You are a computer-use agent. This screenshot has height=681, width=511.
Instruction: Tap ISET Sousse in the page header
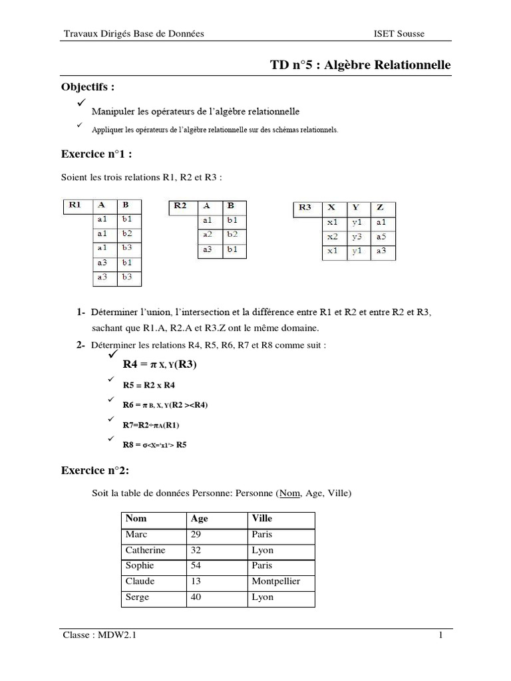point(399,33)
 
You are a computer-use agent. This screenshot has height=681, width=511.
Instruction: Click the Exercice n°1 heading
point(96,154)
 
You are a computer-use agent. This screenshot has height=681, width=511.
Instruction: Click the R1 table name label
point(75,205)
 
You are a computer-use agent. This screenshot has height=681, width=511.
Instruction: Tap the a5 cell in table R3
point(381,237)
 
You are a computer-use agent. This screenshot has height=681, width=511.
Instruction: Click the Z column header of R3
point(379,207)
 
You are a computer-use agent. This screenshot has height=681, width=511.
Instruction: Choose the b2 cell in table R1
point(127,233)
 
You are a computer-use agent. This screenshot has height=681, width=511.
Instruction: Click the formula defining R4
point(160,364)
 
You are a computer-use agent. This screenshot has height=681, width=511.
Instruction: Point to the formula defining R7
point(151,425)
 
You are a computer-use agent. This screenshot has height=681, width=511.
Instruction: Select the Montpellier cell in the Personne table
point(275,581)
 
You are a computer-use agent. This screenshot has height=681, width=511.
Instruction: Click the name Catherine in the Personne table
point(145,550)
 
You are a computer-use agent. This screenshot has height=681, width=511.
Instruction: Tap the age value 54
point(197,565)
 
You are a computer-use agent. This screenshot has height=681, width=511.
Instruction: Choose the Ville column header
point(262,518)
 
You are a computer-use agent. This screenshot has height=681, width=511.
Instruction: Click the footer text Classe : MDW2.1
point(99,636)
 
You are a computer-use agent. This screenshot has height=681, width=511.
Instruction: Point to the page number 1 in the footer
point(440,636)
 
